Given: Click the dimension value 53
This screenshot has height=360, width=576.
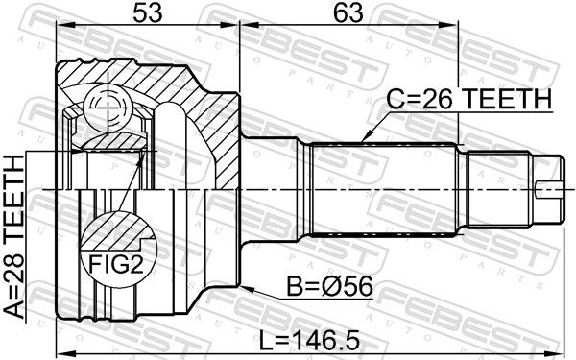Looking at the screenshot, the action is (x=147, y=13).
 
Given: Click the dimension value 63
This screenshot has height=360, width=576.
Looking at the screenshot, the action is (x=348, y=13).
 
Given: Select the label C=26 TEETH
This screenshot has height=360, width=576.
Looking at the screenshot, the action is (x=469, y=99).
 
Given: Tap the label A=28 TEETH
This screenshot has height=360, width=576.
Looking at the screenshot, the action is (x=13, y=236).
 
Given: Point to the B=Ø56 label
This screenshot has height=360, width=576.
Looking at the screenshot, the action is (x=329, y=286).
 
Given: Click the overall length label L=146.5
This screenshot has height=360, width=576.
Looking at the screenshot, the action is (x=308, y=340).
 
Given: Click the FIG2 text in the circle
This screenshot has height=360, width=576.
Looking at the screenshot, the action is (x=116, y=264).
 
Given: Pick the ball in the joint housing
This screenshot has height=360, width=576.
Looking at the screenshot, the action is (x=108, y=108).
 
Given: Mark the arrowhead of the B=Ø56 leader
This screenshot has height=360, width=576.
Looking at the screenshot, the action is (x=247, y=289).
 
